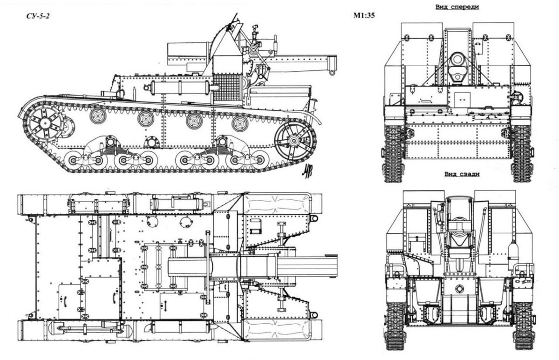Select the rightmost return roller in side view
tap(240, 123)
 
